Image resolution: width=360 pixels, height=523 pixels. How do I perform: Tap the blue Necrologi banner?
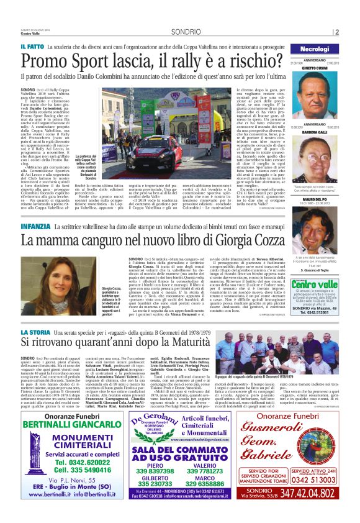[315, 48]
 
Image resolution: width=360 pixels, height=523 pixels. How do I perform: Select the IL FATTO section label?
[31, 47]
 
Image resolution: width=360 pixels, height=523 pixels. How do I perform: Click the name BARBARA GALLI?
[315, 132]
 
